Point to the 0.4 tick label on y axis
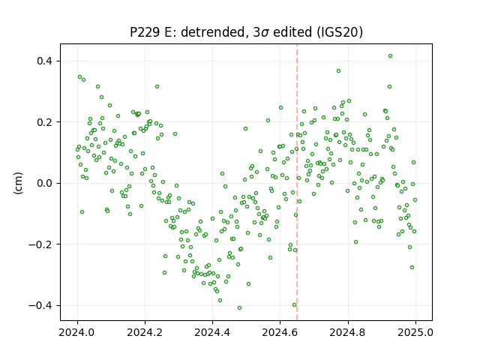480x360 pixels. point(44,61)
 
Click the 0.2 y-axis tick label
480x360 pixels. point(44,122)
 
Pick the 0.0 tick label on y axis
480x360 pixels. point(44,183)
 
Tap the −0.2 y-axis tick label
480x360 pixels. point(40,244)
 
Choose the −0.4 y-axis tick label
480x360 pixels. point(40,305)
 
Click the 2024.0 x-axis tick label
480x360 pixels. point(77,332)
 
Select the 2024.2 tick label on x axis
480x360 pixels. point(145,332)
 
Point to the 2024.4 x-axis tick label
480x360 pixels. point(212,332)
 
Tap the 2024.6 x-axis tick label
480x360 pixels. point(280,332)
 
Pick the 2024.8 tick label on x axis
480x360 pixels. point(348,332)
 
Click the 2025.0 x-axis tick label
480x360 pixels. point(415,332)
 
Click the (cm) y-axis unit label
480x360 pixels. point(18,183)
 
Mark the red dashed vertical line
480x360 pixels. point(297,182)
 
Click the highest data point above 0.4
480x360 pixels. point(390,56)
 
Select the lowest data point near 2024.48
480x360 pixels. point(240,308)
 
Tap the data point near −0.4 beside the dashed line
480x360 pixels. point(295,305)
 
